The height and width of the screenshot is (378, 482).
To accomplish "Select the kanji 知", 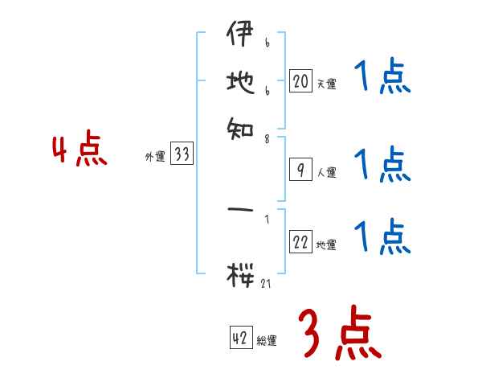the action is pyautogui.click(x=239, y=126).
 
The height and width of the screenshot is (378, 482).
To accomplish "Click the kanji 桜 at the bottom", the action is pyautogui.click(x=239, y=274).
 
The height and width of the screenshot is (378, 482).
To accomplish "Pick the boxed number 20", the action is pyautogui.click(x=300, y=81).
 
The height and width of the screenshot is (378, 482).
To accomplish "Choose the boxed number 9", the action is pyautogui.click(x=300, y=170).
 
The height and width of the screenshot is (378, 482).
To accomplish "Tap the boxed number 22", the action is pyautogui.click(x=300, y=243).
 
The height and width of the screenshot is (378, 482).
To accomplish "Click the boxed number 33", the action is pyautogui.click(x=182, y=155).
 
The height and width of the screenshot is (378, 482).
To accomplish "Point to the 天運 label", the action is pyautogui.click(x=326, y=84).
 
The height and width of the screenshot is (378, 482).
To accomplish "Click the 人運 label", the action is pyautogui.click(x=326, y=172).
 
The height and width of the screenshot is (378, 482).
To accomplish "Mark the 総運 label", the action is pyautogui.click(x=267, y=341).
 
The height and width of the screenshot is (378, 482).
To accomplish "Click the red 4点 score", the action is pyautogui.click(x=80, y=151).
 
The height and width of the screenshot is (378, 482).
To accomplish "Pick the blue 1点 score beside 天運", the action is pyautogui.click(x=382, y=79).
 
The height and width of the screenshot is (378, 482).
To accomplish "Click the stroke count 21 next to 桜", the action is pyautogui.click(x=267, y=282).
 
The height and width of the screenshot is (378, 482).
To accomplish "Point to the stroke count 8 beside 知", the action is pyautogui.click(x=266, y=138).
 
